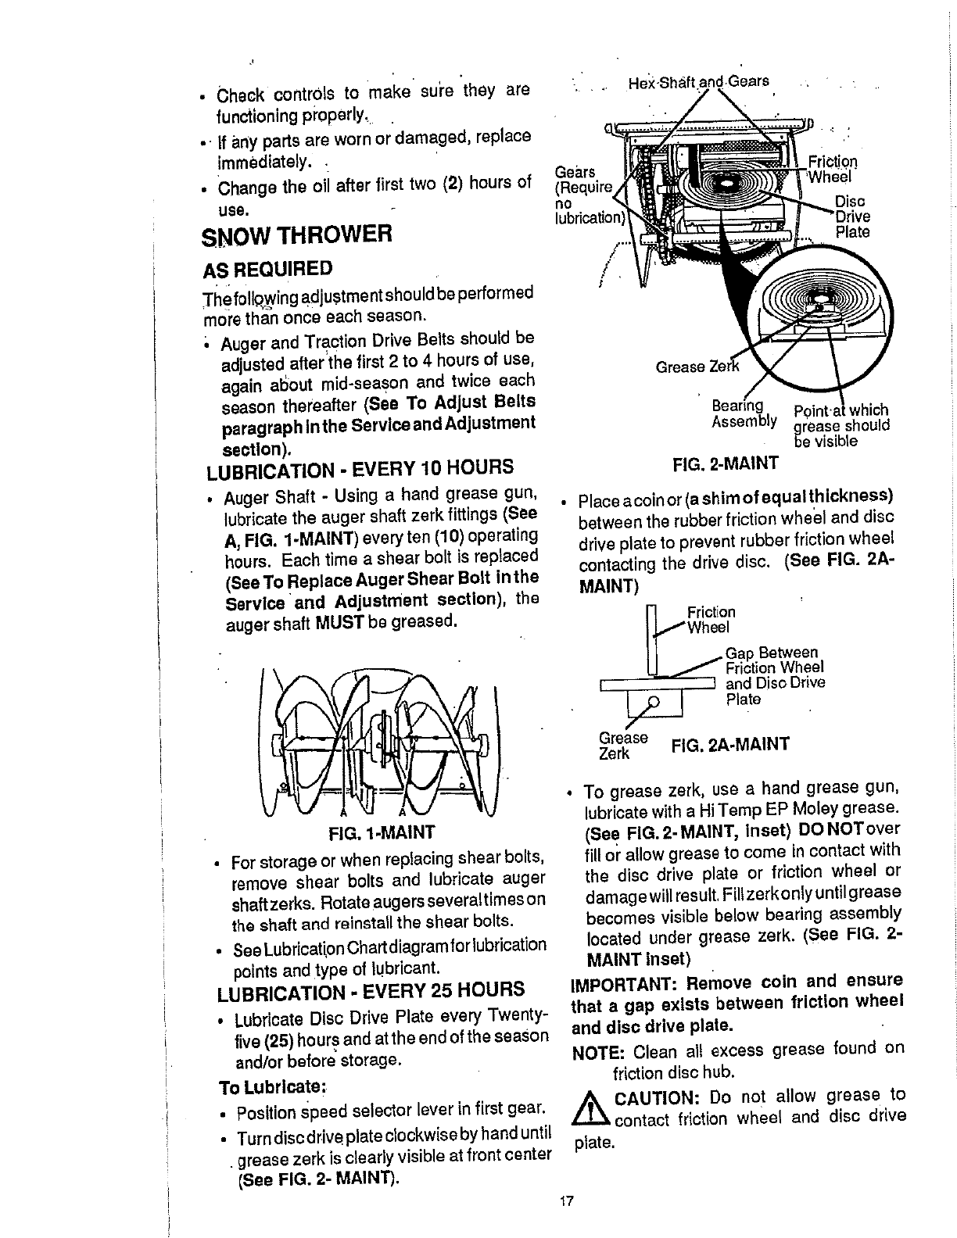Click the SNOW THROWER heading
coord(296,234)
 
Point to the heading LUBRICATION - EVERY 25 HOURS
coord(371,989)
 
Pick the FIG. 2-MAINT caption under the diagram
coord(726,463)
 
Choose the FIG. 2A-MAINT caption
coord(729,742)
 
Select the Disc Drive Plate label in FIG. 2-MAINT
coord(852,216)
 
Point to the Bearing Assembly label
coord(744,414)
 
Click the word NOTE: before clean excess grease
coord(597,1051)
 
